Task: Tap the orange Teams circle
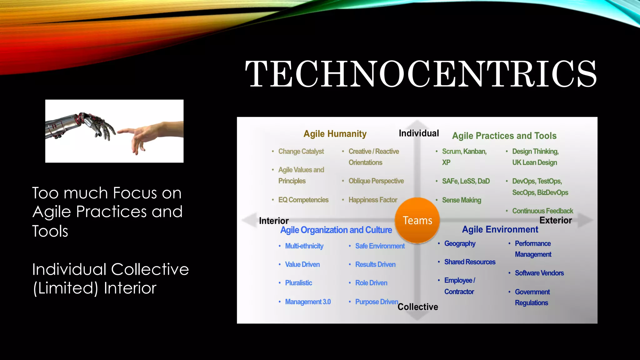click(417, 220)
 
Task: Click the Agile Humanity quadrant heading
click(335, 134)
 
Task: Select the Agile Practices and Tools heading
click(504, 136)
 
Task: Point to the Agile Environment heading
click(500, 229)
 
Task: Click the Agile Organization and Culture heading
click(336, 230)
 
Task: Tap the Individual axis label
click(419, 133)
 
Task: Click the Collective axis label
click(417, 307)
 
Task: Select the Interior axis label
click(274, 221)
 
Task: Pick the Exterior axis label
click(555, 220)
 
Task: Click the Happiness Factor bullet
click(372, 200)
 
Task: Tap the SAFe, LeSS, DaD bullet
click(466, 181)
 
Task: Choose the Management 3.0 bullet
click(307, 302)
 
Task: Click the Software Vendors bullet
click(539, 273)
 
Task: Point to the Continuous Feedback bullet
click(542, 211)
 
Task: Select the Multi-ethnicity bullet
click(304, 246)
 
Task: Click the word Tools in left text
click(50, 231)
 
